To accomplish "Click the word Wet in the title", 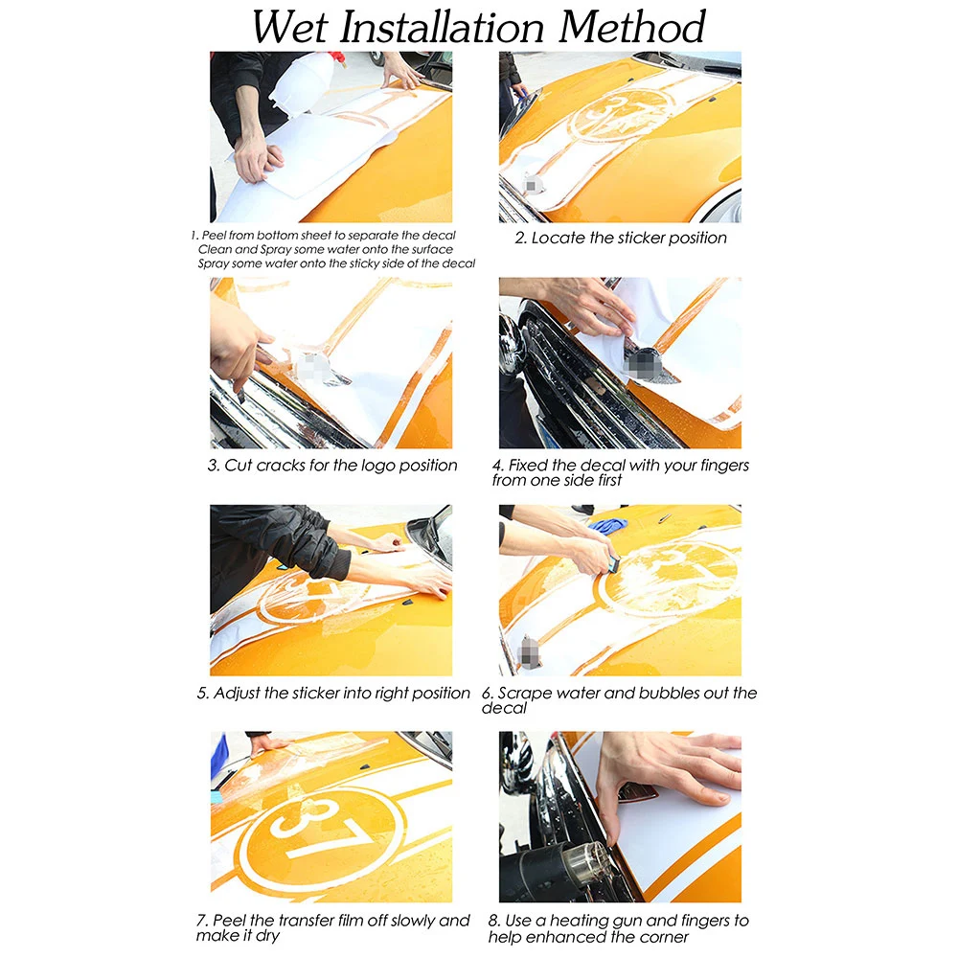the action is pos(290,27).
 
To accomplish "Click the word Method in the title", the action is pos(631,27).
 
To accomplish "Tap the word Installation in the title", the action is pos(442,27).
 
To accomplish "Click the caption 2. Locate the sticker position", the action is pos(621,238).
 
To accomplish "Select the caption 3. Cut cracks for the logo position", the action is pos(332,466).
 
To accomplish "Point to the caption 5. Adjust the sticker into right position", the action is pos(333,693).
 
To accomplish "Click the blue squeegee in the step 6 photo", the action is pos(612,564).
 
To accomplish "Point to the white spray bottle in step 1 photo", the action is pos(304,85).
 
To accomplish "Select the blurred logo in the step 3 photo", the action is pos(313,366).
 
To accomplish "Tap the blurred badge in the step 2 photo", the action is pos(531,184).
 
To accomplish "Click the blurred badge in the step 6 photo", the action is pos(528,651).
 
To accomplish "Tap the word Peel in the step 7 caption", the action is pos(229,921).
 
